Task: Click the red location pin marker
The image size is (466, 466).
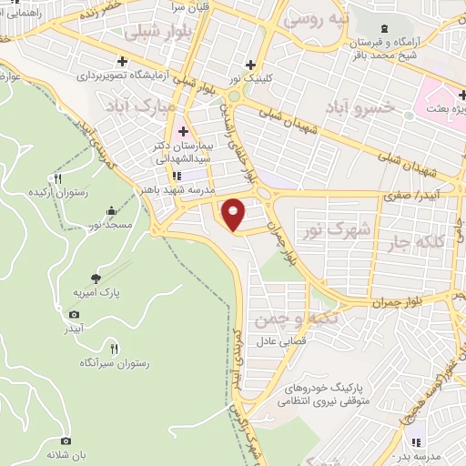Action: coord(234,214)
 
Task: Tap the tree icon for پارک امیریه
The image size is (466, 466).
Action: coord(97,278)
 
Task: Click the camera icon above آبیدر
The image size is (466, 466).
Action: coord(74,314)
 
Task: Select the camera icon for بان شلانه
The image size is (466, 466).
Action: coord(65,441)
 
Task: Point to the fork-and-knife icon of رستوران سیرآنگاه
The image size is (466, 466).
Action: coord(114,348)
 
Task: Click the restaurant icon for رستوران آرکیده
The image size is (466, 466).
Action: coord(57,178)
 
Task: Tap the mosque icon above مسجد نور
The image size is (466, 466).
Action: coord(112,208)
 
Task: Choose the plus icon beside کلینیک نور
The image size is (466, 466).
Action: coord(251,65)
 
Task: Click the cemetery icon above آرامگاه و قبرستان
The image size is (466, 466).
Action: coord(383,29)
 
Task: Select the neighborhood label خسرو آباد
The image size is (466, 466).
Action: coord(368,106)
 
